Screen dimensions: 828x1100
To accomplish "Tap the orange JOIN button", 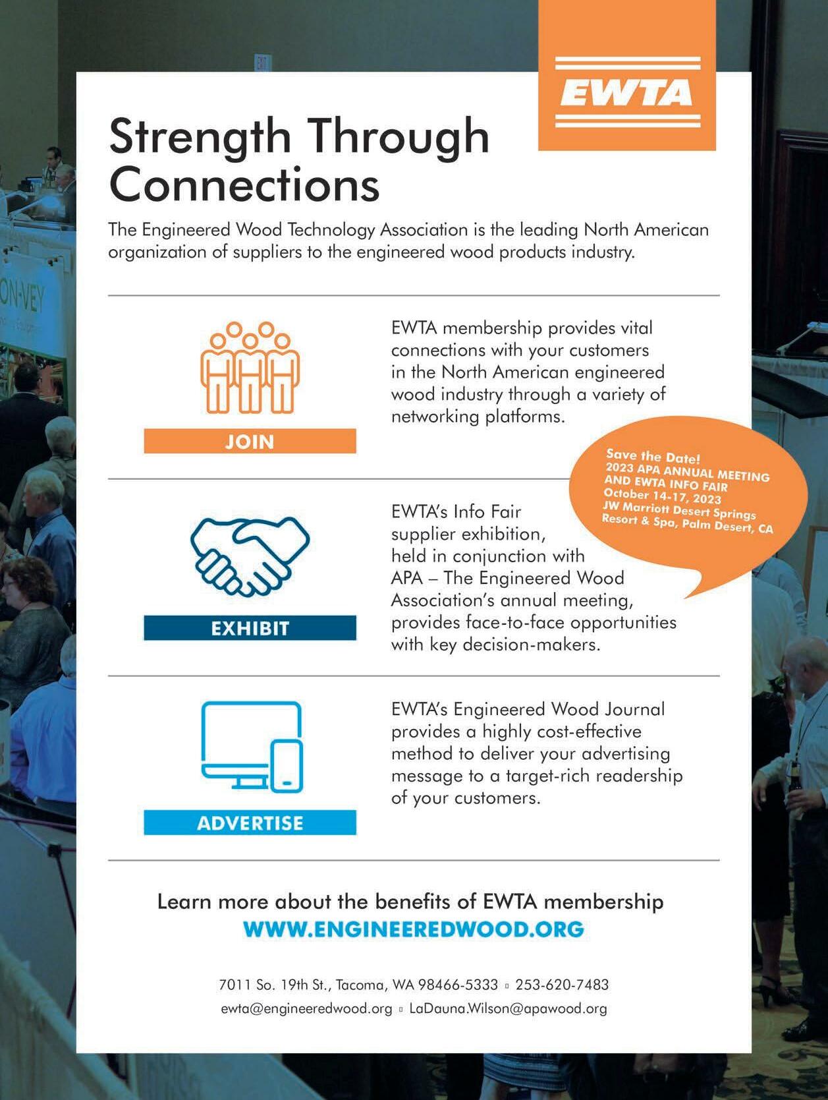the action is [x=250, y=441].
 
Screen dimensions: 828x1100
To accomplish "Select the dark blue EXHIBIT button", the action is [x=250, y=628].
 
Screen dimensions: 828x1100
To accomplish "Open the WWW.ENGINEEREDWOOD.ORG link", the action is [x=413, y=929].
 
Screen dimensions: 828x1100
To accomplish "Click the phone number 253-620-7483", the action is [x=562, y=985].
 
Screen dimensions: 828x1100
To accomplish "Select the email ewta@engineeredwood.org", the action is [x=306, y=1008].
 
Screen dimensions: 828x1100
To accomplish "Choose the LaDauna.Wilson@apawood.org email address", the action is [x=508, y=1008].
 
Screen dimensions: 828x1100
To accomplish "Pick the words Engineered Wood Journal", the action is [x=559, y=709].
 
